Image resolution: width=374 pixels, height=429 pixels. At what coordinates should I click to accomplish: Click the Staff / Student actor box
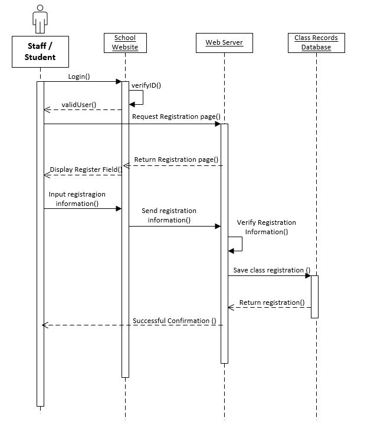40,52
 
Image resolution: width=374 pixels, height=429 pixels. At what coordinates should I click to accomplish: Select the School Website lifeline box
125,43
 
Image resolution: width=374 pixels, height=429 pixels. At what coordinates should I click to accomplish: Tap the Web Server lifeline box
224,43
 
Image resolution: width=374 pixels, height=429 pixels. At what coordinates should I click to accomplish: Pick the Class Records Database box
316,43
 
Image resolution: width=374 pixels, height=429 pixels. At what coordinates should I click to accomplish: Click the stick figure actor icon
40,19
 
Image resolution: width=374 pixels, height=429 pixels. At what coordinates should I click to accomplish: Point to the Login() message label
79,77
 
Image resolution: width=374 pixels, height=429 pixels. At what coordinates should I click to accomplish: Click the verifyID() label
146,85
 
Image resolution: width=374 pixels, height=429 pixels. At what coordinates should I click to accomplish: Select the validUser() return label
79,105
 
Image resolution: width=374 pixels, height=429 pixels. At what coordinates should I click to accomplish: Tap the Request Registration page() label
176,117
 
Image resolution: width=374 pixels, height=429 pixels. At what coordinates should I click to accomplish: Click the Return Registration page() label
176,159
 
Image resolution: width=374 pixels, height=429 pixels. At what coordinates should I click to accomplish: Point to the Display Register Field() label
86,169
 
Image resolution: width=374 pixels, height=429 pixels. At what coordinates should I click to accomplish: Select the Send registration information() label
169,215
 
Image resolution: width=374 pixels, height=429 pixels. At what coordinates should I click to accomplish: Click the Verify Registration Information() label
267,227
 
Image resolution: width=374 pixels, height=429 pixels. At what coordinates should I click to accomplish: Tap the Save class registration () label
272,270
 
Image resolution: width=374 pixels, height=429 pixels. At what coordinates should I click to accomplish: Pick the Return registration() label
272,302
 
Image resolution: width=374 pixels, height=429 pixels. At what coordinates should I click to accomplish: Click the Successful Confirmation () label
175,321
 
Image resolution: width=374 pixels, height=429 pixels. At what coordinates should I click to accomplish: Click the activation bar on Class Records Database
314,297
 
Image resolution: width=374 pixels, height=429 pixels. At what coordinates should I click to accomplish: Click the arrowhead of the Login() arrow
119,82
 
